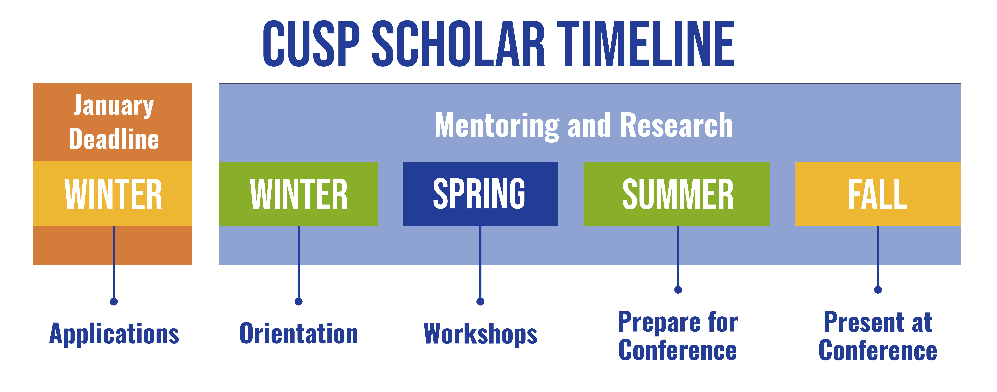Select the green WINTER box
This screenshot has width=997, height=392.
click(298, 194)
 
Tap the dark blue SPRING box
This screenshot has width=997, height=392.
click(480, 194)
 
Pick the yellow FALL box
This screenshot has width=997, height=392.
click(878, 194)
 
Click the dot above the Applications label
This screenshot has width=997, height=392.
click(114, 301)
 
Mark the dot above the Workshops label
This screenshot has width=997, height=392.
click(480, 301)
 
